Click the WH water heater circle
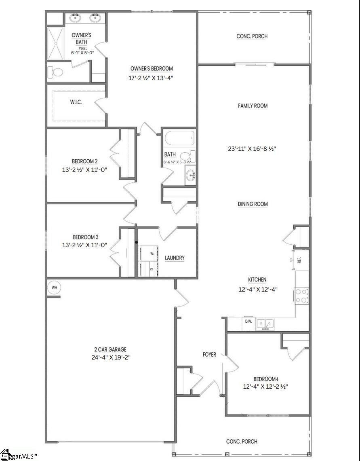tap(54, 288)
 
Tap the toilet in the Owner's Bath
tap(56, 72)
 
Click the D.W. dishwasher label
tap(248, 322)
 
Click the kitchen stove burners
tap(302, 295)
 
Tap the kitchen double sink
tap(265, 323)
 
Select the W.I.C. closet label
tap(76, 102)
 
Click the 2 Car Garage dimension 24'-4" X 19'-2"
tap(111, 357)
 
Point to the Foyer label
tap(209, 355)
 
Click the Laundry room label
tap(175, 258)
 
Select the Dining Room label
tap(253, 204)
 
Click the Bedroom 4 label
tap(266, 379)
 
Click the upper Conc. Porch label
tap(252, 36)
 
